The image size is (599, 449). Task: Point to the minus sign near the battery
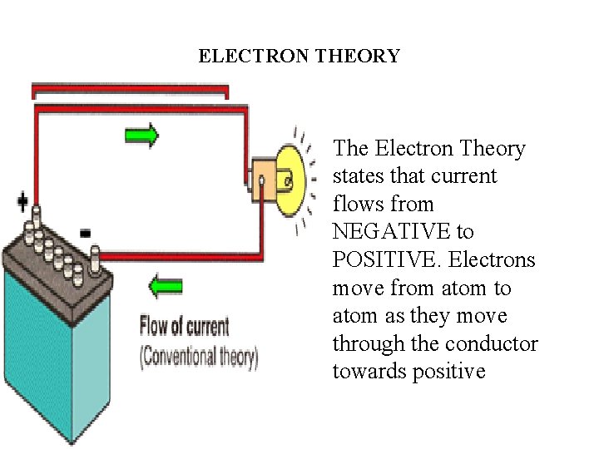tap(85, 232)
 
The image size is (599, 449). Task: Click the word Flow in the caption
tap(156, 325)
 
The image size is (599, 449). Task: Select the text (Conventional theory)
tap(199, 357)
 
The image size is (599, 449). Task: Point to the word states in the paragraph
tap(358, 176)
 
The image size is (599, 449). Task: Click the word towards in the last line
tap(369, 372)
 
